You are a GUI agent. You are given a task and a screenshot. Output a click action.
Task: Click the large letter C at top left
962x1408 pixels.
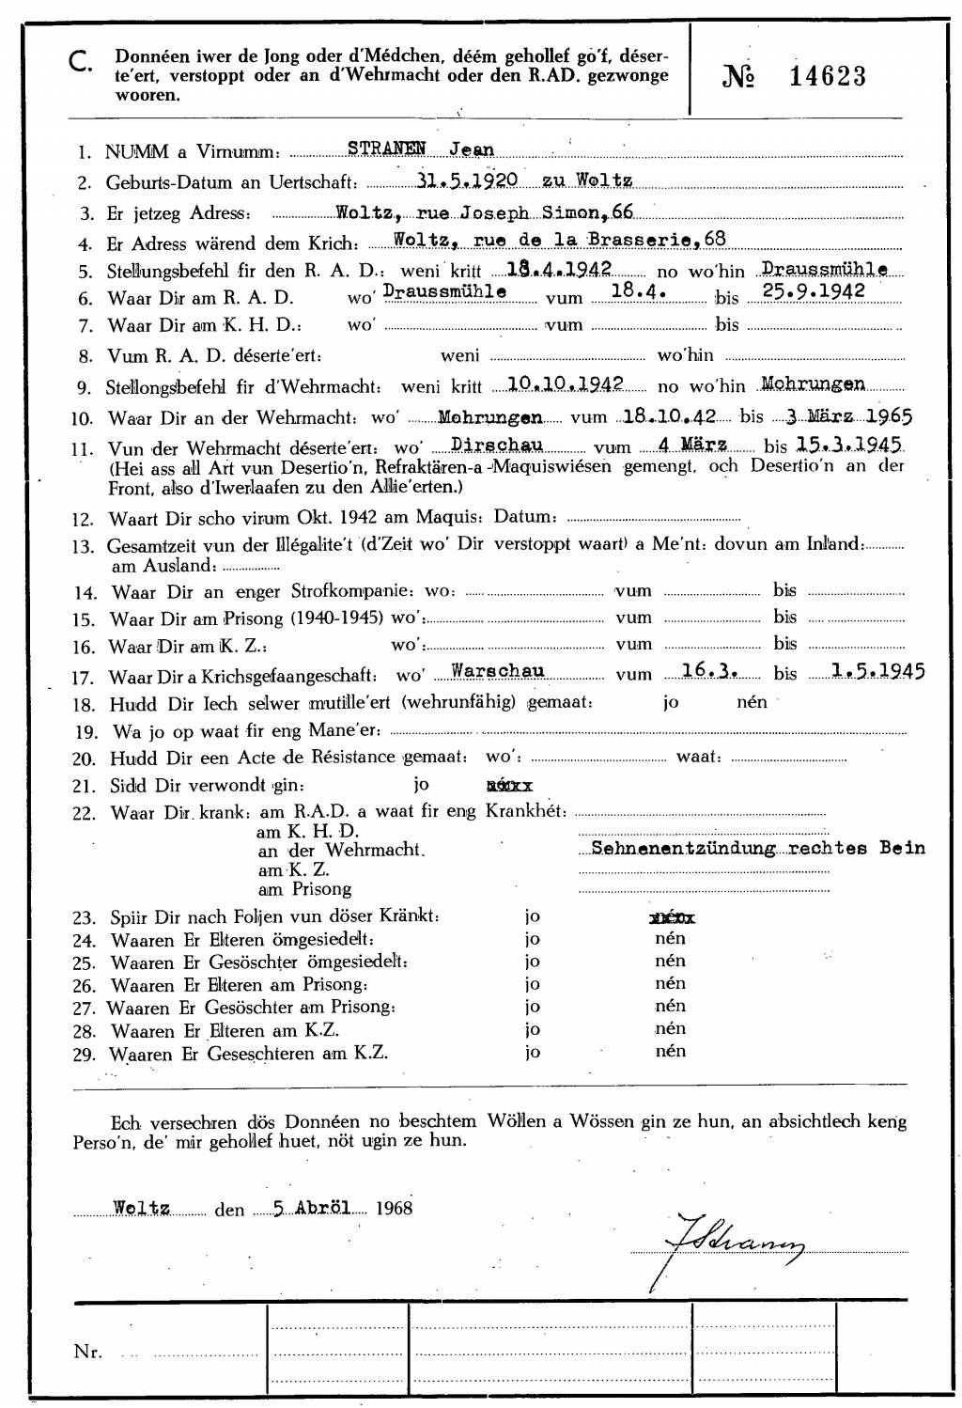[x=81, y=63]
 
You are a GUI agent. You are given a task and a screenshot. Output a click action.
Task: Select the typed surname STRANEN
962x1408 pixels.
[x=387, y=149]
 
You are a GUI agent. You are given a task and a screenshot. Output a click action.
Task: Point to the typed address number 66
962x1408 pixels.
[x=622, y=212]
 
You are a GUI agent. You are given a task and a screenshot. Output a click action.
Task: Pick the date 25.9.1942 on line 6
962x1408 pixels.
[x=814, y=291]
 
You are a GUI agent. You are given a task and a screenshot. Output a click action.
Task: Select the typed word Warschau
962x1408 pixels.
[x=498, y=671]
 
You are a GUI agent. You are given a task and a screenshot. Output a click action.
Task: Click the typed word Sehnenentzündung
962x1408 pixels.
[x=683, y=848]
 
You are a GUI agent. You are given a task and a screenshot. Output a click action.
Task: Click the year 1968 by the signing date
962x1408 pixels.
[x=393, y=1208]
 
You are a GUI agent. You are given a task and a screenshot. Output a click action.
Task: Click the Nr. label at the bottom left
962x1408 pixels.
[x=88, y=1352]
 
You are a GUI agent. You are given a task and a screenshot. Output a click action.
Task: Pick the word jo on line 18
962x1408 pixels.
[x=671, y=702]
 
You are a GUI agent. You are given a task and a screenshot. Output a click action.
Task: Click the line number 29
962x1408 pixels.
[x=85, y=1055]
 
